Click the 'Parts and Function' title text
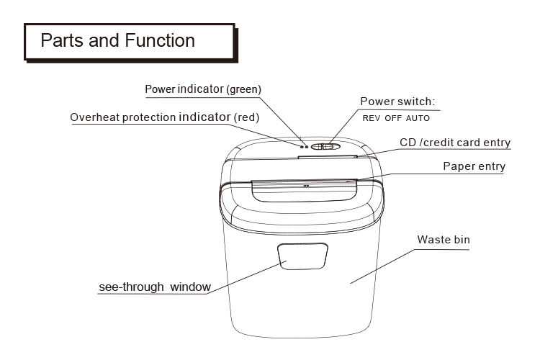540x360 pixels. pyautogui.click(x=118, y=40)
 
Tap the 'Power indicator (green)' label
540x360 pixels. pyautogui.click(x=203, y=89)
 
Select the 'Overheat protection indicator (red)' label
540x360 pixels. pyautogui.click(x=165, y=117)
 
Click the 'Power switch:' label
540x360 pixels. pyautogui.click(x=397, y=102)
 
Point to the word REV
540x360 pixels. pyautogui.click(x=372, y=118)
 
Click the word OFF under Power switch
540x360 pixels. pyautogui.click(x=393, y=118)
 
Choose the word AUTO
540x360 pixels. pyautogui.click(x=418, y=118)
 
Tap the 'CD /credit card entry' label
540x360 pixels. pyautogui.click(x=455, y=143)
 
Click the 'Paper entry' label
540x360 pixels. pyautogui.click(x=474, y=166)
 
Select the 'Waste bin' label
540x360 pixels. pyautogui.click(x=444, y=240)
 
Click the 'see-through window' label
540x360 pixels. pyautogui.click(x=155, y=287)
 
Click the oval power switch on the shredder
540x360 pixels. pyautogui.click(x=325, y=147)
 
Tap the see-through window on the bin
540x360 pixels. pyautogui.click(x=302, y=256)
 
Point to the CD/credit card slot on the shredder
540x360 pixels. pyautogui.click(x=328, y=157)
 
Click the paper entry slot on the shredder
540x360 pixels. pyautogui.click(x=305, y=191)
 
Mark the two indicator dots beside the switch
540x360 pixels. pyautogui.click(x=304, y=147)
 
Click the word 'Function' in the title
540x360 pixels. pyautogui.click(x=160, y=40)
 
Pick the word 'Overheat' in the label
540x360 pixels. pyautogui.click(x=95, y=117)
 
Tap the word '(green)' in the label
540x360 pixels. pyautogui.click(x=244, y=89)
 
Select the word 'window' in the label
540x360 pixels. pyautogui.click(x=191, y=287)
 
